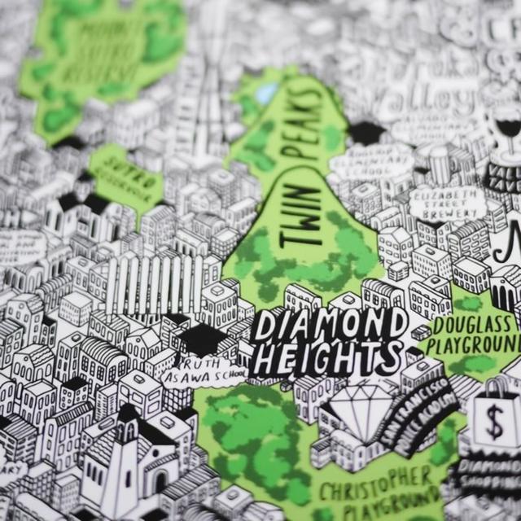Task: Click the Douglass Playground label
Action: pos(475,334)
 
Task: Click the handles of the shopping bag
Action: pos(497,387)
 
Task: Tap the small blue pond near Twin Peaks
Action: pos(266,94)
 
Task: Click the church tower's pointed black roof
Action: pos(128,412)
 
